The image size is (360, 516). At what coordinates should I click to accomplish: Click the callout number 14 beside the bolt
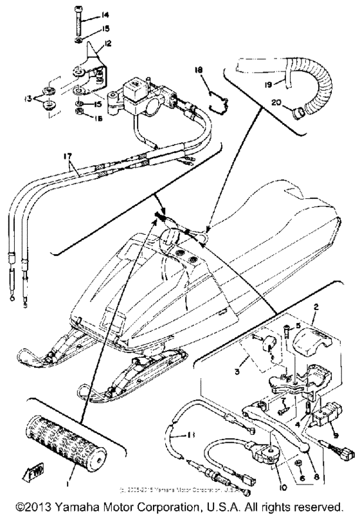pos(88,14)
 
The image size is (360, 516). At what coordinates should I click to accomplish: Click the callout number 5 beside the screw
pos(298,327)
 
